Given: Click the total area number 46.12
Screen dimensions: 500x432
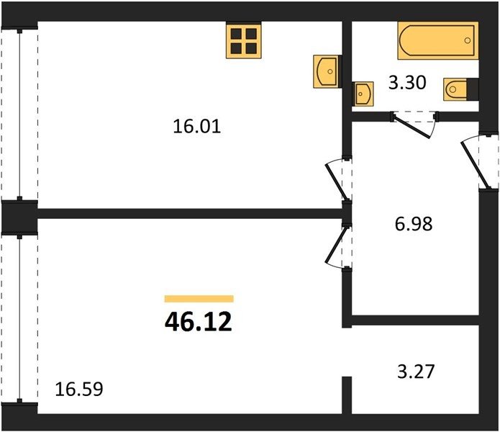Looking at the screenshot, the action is [x=199, y=322].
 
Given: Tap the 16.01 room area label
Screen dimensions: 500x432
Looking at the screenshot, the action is [x=196, y=126].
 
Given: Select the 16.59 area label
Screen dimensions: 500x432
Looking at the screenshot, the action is [x=79, y=390].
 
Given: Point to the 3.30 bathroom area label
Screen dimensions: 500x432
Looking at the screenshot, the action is [x=407, y=82].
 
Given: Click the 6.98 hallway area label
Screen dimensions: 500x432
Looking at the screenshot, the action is [x=414, y=224].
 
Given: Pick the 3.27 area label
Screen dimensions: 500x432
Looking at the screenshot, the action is [x=416, y=372].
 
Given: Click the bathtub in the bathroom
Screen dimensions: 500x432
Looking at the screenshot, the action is [x=438, y=40].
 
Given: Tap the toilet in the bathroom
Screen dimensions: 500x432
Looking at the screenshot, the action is [x=455, y=89].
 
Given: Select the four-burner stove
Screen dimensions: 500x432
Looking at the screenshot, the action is [x=244, y=41].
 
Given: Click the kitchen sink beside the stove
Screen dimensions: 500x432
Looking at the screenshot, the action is [x=326, y=71].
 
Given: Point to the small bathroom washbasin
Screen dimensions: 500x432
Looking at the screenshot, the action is [x=363, y=94].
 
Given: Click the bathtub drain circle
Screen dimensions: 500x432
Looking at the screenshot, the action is [x=468, y=40].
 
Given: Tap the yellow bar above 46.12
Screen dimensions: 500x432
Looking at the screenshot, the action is [x=199, y=299].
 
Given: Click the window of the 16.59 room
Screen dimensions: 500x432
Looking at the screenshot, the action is [x=19, y=319].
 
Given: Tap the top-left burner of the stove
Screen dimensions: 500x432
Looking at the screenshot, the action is [x=236, y=34].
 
